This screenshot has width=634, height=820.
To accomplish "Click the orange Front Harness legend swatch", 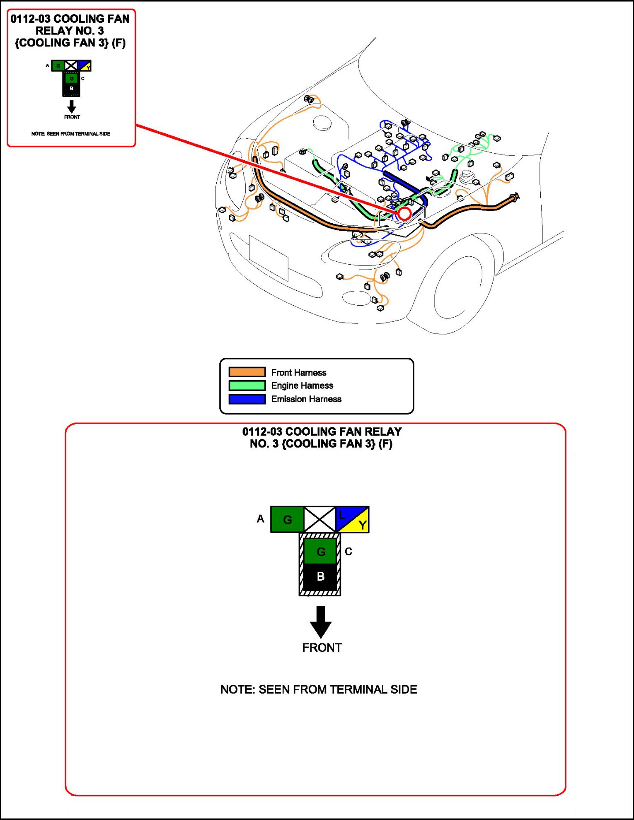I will click(247, 372).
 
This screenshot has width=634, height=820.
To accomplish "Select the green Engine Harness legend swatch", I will click(247, 386).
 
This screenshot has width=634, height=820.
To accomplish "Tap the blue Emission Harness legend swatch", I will click(247, 399).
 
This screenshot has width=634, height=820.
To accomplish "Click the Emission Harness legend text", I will click(306, 399).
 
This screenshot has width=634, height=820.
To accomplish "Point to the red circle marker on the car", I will click(404, 214).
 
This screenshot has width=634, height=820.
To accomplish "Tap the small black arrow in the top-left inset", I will click(72, 106).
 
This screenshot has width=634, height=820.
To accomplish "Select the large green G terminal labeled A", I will click(287, 519).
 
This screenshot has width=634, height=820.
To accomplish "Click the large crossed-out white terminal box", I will click(319, 519).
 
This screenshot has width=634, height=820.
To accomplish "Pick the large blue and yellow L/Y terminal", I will click(352, 519).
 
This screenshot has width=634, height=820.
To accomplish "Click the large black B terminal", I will click(320, 576).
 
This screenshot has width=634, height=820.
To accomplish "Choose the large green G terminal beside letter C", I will click(320, 551).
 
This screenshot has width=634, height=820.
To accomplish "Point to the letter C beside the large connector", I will click(348, 552).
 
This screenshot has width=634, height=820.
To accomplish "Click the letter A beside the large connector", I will click(260, 519).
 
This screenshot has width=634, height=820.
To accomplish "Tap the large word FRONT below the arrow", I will click(322, 648).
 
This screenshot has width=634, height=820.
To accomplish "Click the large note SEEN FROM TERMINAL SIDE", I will click(319, 690).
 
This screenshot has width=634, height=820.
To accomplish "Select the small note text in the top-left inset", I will click(71, 134).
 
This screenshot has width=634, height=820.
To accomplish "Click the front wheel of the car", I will click(458, 286).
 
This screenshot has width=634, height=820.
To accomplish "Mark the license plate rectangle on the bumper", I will click(269, 258).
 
